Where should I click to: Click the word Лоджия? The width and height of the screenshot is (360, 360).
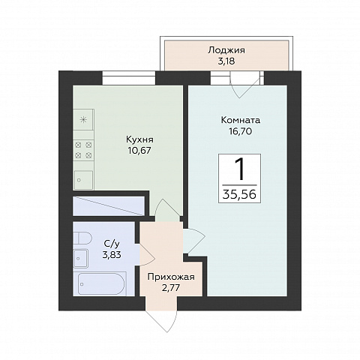click(226, 50)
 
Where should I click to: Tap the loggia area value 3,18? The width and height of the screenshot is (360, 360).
click(226, 61)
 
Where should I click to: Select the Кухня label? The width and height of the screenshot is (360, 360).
click(139, 139)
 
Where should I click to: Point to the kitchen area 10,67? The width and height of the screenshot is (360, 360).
click(139, 151)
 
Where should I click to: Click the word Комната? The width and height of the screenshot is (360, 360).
click(241, 120)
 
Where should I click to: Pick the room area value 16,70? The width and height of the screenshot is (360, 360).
click(241, 131)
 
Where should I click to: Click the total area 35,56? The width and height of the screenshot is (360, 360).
click(239, 194)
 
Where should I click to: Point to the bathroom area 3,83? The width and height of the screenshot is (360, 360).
click(112, 255)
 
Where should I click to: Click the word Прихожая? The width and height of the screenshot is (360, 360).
click(171, 277)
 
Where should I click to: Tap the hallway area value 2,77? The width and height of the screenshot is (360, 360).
click(171, 288)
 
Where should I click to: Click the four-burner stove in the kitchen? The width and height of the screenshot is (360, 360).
click(84, 150)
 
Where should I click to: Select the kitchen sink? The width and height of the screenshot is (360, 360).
click(83, 180)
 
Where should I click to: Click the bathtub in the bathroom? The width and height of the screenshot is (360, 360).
click(101, 283)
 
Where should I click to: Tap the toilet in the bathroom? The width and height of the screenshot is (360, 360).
click(82, 239)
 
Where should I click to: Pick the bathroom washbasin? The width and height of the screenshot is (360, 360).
click(80, 258)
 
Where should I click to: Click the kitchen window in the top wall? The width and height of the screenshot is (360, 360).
click(129, 78)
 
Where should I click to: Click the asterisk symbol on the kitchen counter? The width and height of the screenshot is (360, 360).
click(82, 120)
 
